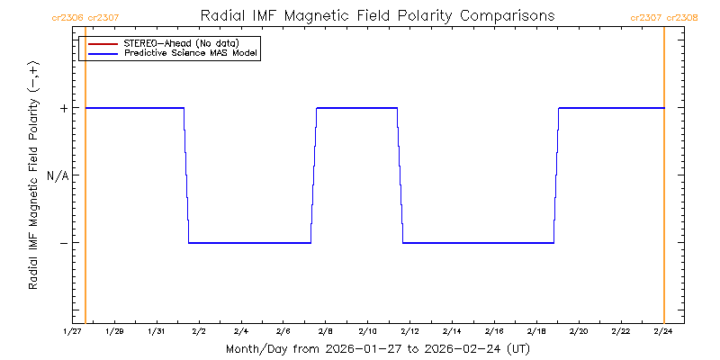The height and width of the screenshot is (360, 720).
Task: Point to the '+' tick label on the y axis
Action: point(64,108)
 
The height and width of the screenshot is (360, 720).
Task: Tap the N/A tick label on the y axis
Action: point(58,175)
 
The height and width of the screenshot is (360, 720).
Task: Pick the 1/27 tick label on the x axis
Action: point(73,331)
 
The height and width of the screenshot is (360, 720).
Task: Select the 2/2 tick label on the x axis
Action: point(199,331)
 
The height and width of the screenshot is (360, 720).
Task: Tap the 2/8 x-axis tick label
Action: point(326,331)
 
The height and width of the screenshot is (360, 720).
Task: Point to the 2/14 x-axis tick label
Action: point(452,331)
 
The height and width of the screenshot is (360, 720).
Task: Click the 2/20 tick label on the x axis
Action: point(579,331)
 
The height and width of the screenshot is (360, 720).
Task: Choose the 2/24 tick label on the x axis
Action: point(663,331)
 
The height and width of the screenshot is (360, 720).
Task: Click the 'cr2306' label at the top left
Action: point(68,17)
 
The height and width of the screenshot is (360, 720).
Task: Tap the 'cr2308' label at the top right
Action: point(682,17)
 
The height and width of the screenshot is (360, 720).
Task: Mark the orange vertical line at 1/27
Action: point(85,180)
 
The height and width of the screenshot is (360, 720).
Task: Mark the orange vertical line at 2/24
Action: point(664,180)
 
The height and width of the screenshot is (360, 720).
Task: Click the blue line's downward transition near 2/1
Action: point(186,175)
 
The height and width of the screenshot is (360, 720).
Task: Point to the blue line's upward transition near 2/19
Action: point(556,175)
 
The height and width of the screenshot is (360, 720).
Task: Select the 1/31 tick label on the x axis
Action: point(157,331)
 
